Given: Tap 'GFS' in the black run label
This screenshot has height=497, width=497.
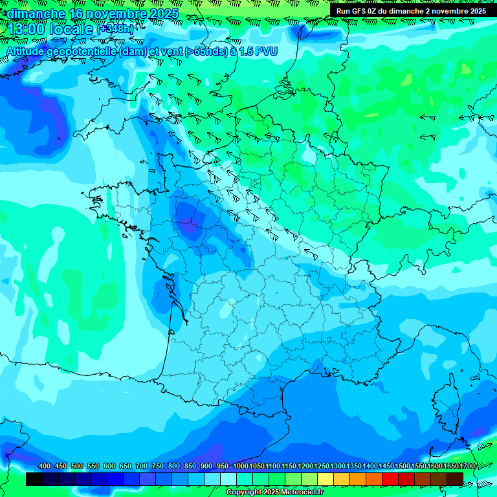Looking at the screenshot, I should (x=360, y=11).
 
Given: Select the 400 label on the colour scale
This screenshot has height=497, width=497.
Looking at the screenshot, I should (x=44, y=466).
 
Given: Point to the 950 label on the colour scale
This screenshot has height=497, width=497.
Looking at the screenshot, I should (x=222, y=466).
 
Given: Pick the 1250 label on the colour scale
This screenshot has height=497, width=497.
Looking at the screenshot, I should (x=322, y=466).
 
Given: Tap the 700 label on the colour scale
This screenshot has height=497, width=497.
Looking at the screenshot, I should (x=141, y=466).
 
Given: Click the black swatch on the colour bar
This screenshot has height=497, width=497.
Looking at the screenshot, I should (x=34, y=479).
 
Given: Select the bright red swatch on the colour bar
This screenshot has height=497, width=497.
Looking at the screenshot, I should (x=390, y=479).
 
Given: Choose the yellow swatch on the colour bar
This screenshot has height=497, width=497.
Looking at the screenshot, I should (x=326, y=479).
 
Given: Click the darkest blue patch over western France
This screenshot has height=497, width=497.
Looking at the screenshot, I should (x=190, y=217).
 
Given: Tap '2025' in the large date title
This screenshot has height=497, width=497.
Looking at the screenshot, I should (x=164, y=14).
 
